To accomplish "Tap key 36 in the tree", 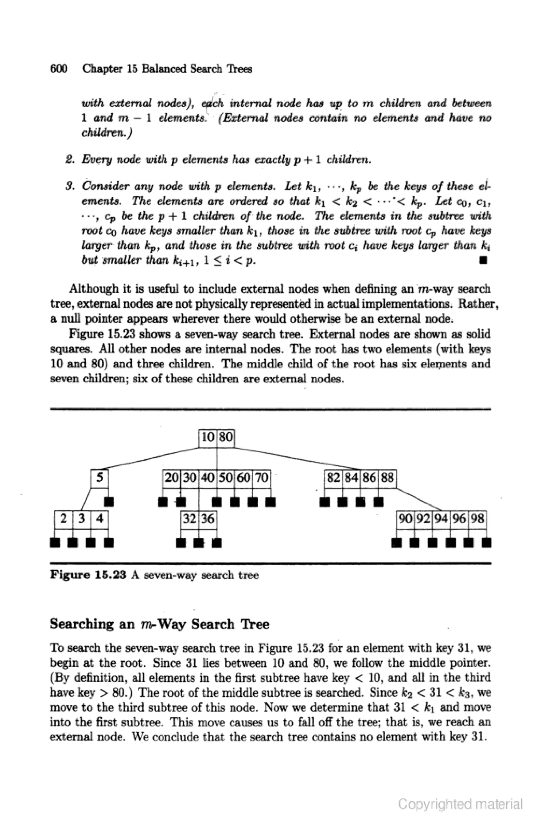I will click(208, 519).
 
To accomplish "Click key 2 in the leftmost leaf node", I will click(64, 519).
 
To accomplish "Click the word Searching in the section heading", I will click(82, 624).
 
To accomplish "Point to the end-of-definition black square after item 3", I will click(483, 260).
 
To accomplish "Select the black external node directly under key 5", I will click(109, 502).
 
